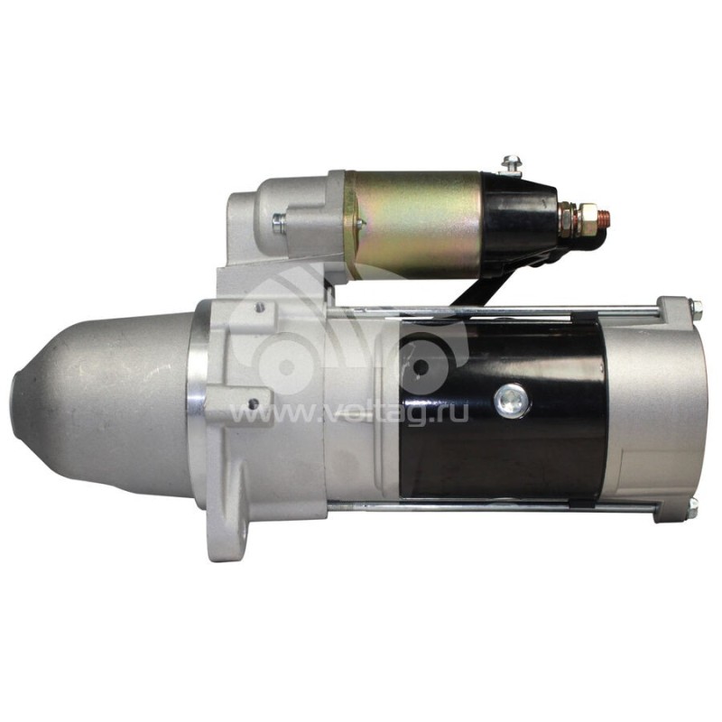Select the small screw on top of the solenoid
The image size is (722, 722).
[x=511, y=165]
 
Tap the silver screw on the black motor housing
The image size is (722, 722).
[x=512, y=400]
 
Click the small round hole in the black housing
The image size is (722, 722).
[x=420, y=367]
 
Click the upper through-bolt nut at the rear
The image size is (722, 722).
[x=696, y=310]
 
